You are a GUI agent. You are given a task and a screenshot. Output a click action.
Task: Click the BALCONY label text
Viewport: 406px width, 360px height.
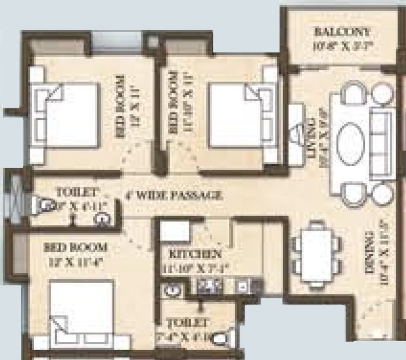pos(342,32)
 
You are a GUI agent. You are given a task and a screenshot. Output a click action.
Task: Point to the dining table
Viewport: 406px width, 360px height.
pos(317,255)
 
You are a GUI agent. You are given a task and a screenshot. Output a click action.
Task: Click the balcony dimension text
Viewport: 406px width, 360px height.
pos(342,46)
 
